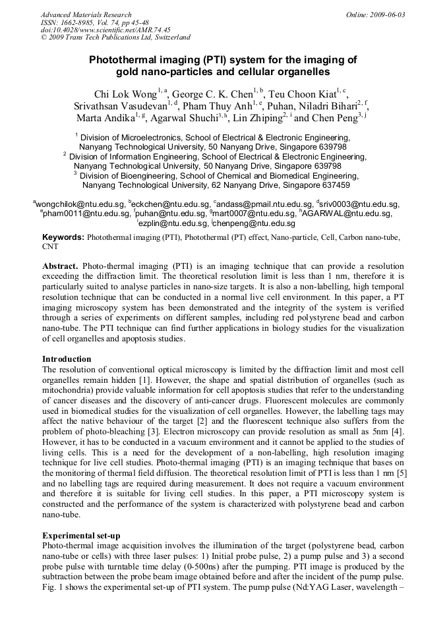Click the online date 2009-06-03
pos(385,14)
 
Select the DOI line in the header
pos(105,30)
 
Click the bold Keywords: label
pos(64,237)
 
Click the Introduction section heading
pos(67,359)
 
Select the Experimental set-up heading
pos(80,536)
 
